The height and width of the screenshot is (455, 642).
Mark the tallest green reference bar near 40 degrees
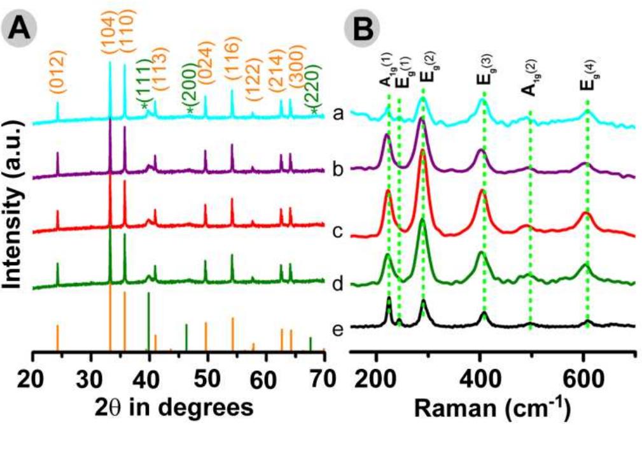click(x=148, y=321)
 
